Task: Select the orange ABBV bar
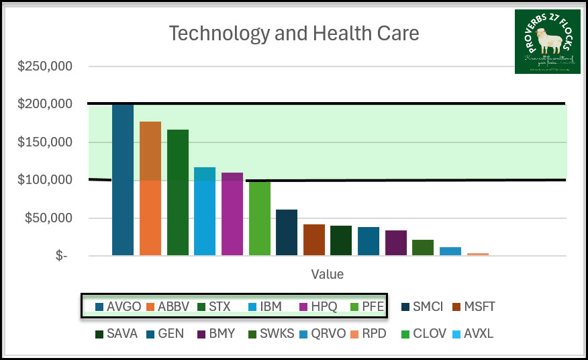click(150, 188)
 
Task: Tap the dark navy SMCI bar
click(287, 232)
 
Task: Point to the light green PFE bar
click(260, 218)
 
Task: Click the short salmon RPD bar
click(478, 254)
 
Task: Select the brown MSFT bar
click(314, 240)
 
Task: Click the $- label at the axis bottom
click(61, 257)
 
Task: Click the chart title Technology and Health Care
click(293, 33)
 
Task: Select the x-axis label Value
click(327, 274)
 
